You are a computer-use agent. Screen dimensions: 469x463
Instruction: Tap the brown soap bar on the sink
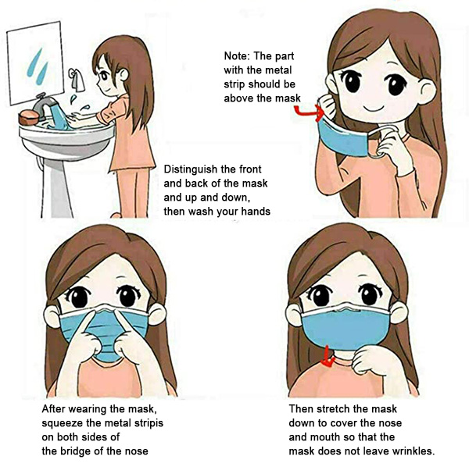click(29, 117)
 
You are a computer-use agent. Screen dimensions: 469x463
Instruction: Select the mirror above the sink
click(35, 63)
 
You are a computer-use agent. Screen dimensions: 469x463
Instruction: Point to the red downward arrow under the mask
click(328, 358)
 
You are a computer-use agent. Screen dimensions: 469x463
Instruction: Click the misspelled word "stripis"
click(148, 423)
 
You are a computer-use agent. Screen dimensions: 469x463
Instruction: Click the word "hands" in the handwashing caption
click(256, 212)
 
